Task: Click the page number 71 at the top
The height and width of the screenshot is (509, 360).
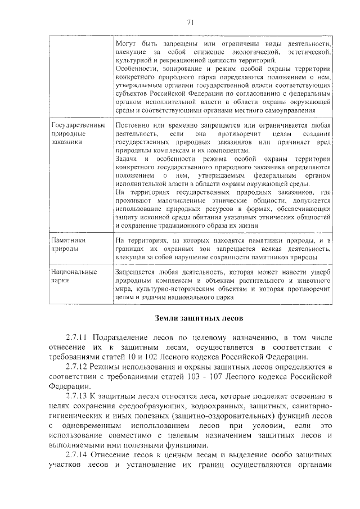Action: coord(190,22)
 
